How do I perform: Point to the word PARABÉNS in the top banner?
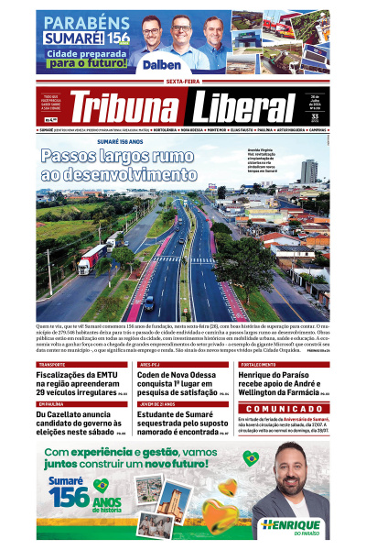74,22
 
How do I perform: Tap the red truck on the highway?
91,258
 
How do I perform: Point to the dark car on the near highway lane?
149,302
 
